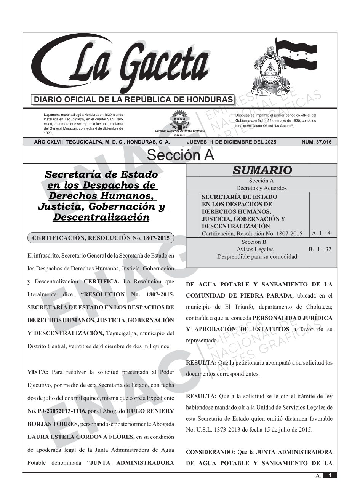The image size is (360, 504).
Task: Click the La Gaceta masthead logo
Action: tap(122, 65)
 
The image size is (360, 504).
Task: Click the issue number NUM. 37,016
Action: tap(316, 142)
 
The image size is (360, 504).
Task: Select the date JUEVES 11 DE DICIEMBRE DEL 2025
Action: tap(232, 142)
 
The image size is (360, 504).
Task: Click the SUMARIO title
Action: tap(262, 170)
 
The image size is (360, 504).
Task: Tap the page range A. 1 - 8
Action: tap(321, 233)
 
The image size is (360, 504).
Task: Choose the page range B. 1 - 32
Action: tap(320, 249)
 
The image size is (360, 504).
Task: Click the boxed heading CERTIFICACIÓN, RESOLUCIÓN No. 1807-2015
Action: tap(101, 238)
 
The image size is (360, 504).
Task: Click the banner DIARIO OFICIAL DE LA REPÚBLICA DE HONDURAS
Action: tap(133, 100)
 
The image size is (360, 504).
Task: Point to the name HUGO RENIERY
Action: tap(150, 411)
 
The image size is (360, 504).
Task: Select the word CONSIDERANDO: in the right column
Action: tap(210, 452)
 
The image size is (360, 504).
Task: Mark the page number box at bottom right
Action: tap(330, 475)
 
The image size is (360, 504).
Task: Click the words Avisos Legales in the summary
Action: tap(255, 249)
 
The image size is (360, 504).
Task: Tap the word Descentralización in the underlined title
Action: tap(101, 217)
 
